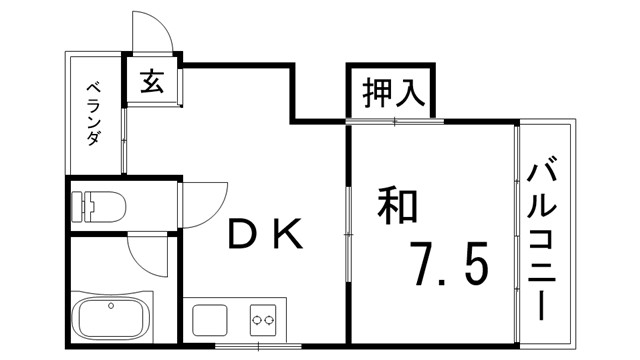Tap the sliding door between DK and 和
click(x=346, y=230)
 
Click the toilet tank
click(x=80, y=207)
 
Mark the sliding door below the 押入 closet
click(x=396, y=121)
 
